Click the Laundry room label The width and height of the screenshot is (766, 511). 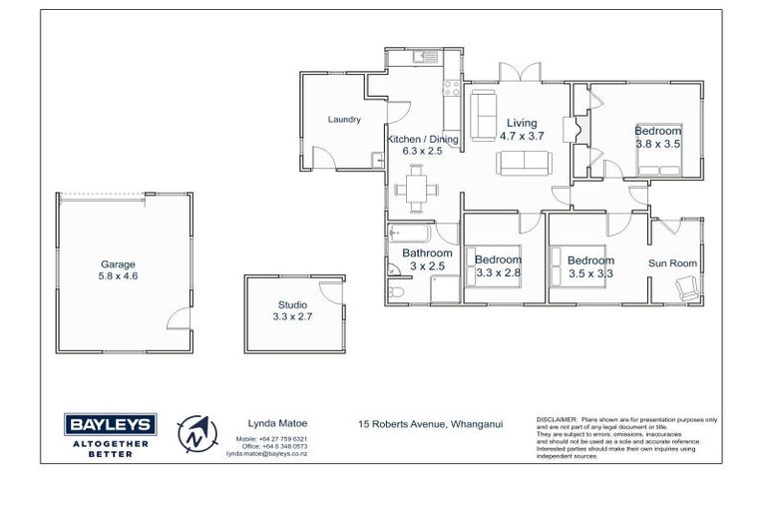(x=343, y=120)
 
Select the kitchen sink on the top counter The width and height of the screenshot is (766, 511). (x=427, y=58)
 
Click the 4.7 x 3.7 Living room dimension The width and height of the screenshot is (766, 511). (x=521, y=137)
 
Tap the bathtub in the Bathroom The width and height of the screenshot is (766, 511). (x=409, y=236)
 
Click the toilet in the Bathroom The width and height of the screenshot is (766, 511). (x=396, y=290)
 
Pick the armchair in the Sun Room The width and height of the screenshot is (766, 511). (x=687, y=288)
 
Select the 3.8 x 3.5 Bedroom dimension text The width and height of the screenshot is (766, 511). (x=657, y=144)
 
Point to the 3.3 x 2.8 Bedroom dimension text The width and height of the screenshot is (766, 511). (x=499, y=271)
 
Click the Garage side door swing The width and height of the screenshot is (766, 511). (x=178, y=319)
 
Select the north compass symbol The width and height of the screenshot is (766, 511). (x=198, y=435)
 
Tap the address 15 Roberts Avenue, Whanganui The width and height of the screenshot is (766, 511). (x=430, y=423)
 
